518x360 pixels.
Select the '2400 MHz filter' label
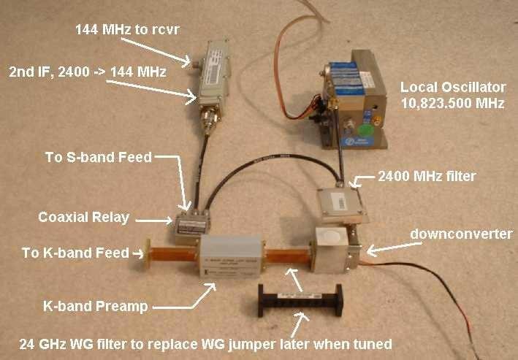click(x=425, y=176)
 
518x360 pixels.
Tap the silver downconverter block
click(x=332, y=250)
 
